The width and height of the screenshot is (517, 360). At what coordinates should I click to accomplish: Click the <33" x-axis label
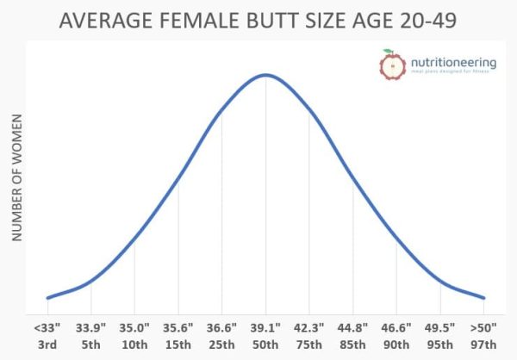click(x=47, y=327)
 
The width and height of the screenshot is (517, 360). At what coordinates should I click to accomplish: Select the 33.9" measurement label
click(x=90, y=327)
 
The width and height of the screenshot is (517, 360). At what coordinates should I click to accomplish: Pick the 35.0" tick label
click(x=134, y=327)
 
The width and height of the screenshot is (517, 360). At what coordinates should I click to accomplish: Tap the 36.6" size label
click(x=221, y=327)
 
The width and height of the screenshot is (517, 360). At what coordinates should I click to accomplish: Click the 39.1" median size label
click(x=265, y=327)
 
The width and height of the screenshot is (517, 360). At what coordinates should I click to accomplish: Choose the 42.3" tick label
click(x=309, y=327)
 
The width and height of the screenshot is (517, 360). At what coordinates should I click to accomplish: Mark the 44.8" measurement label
click(x=353, y=327)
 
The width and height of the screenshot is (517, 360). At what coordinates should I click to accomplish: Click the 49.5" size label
click(x=440, y=327)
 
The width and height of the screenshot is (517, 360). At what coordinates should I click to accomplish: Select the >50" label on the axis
click(x=484, y=327)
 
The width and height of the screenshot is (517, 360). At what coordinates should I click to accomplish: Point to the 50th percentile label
click(x=265, y=344)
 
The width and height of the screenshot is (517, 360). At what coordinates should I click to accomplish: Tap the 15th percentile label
click(x=178, y=344)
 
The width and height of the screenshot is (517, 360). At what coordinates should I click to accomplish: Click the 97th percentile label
click(x=484, y=344)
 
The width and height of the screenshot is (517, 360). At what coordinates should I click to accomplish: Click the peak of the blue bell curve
click(x=265, y=75)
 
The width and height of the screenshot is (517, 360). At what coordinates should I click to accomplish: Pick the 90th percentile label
click(x=396, y=344)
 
